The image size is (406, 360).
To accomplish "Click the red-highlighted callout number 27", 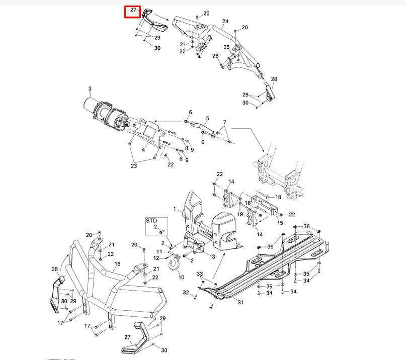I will click(133, 10).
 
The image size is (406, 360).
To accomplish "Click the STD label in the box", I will click(151, 221).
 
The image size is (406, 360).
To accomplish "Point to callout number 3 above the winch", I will click(90, 89).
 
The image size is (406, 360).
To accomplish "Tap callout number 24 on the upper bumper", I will click(225, 22).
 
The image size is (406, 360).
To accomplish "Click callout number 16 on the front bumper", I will click(117, 264).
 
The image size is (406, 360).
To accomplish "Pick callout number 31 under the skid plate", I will click(240, 302).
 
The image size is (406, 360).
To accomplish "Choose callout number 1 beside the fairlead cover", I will click(175, 209).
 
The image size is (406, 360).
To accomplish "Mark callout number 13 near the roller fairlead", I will click(212, 256).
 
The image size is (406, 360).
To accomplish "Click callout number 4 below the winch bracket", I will click(143, 149).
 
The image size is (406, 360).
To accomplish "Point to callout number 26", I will click(215, 56).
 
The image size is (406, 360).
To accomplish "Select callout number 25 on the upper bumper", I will click(227, 47).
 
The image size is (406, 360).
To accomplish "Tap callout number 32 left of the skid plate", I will click(186, 292).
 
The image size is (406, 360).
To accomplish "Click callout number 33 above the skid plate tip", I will click(200, 274).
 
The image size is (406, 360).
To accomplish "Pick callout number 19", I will click(240, 214).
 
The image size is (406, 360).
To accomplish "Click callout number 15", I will click(280, 223).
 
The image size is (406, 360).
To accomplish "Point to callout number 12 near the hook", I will click(156, 258).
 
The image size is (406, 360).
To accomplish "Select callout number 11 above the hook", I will click(159, 251).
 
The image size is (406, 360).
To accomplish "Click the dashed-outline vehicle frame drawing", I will click(277, 171).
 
